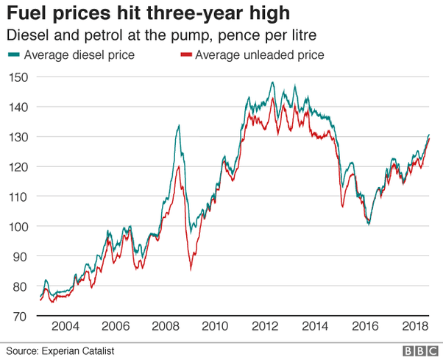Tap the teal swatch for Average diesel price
pos(14,54)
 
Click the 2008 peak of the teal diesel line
pos(179,125)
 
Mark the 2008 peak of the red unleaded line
pos(178,166)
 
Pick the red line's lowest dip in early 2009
pos(191,269)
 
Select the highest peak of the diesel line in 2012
pos(272,82)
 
